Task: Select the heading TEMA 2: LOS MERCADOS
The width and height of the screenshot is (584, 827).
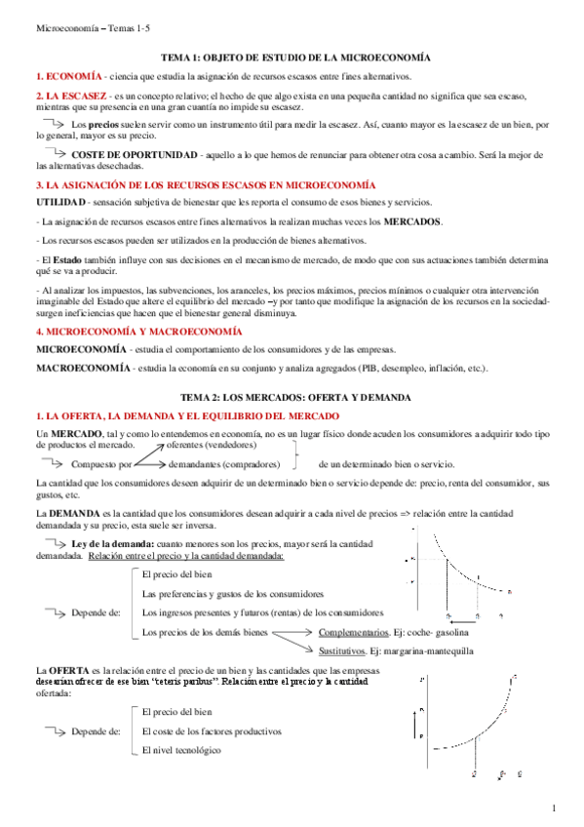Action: [292, 399]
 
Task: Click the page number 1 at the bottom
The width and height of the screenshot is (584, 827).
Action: [553, 808]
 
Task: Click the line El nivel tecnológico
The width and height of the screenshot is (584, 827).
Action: [181, 750]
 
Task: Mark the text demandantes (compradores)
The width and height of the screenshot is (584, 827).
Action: [225, 464]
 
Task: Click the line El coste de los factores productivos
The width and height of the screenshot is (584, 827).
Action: [212, 730]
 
